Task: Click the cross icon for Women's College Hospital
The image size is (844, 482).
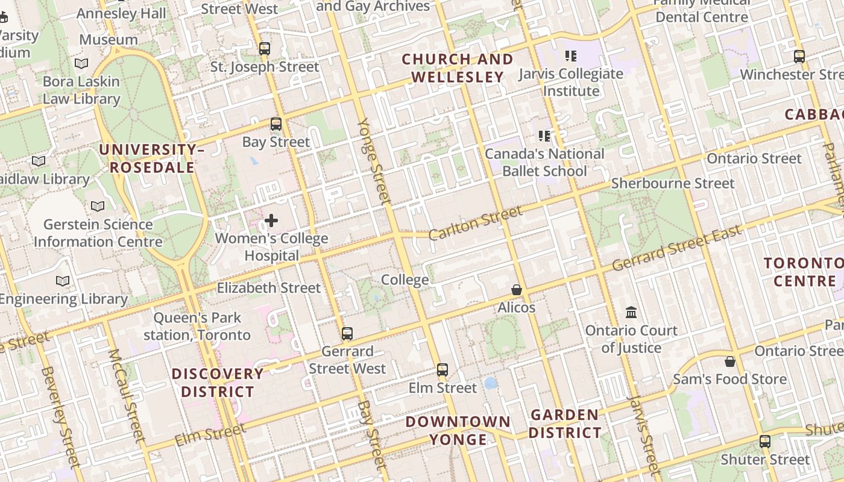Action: pyautogui.click(x=271, y=221)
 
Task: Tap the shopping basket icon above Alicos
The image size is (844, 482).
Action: pyautogui.click(x=517, y=290)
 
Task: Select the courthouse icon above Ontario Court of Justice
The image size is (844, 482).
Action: pyautogui.click(x=631, y=312)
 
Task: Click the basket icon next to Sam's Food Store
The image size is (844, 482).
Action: pyautogui.click(x=729, y=361)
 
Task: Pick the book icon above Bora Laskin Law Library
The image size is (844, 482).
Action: pyautogui.click(x=81, y=63)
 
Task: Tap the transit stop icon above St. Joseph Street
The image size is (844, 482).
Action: pyautogui.click(x=264, y=49)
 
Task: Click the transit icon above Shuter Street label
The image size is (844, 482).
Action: pyautogui.click(x=765, y=441)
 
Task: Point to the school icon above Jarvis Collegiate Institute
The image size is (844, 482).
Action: pyautogui.click(x=570, y=56)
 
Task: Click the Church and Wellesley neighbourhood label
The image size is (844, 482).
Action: pyautogui.click(x=458, y=68)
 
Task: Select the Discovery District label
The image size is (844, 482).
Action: pyautogui.click(x=218, y=383)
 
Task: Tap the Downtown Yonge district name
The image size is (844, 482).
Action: pyautogui.click(x=458, y=430)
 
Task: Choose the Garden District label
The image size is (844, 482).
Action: pyautogui.click(x=565, y=424)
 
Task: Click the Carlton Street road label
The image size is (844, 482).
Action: pyautogui.click(x=475, y=222)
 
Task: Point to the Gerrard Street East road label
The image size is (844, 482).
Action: pyautogui.click(x=676, y=248)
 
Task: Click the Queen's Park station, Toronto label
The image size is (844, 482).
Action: pyautogui.click(x=197, y=326)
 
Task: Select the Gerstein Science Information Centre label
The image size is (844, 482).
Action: pyautogui.click(x=98, y=233)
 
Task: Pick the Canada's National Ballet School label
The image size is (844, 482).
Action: pyautogui.click(x=544, y=162)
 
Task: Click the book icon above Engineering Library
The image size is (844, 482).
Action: pyautogui.click(x=62, y=281)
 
